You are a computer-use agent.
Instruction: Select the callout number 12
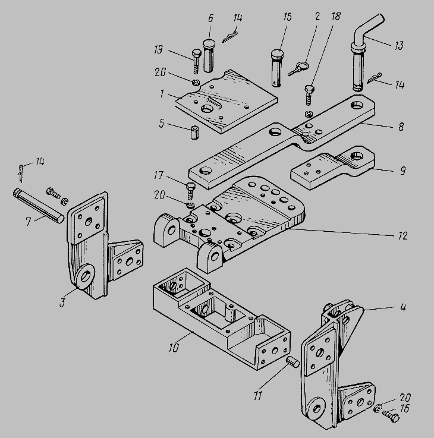[x=402, y=236]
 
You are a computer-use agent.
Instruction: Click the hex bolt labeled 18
[x=309, y=94]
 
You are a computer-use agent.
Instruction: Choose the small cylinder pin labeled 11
[x=292, y=361]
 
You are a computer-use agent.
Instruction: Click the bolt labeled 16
[x=391, y=416]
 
